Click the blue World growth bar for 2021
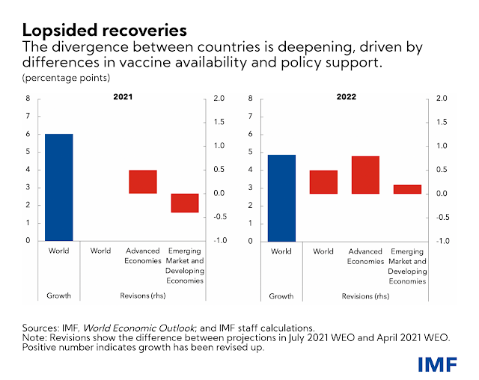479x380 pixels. coord(58,187)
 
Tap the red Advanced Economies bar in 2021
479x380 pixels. coord(142,182)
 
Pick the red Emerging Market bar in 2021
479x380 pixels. coord(185,203)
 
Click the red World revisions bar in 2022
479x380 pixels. coord(324,182)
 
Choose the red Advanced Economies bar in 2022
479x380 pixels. coord(366,175)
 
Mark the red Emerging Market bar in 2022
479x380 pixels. coord(408,189)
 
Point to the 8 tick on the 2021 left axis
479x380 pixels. coord(28,99)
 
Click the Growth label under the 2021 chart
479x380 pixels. coord(58,296)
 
